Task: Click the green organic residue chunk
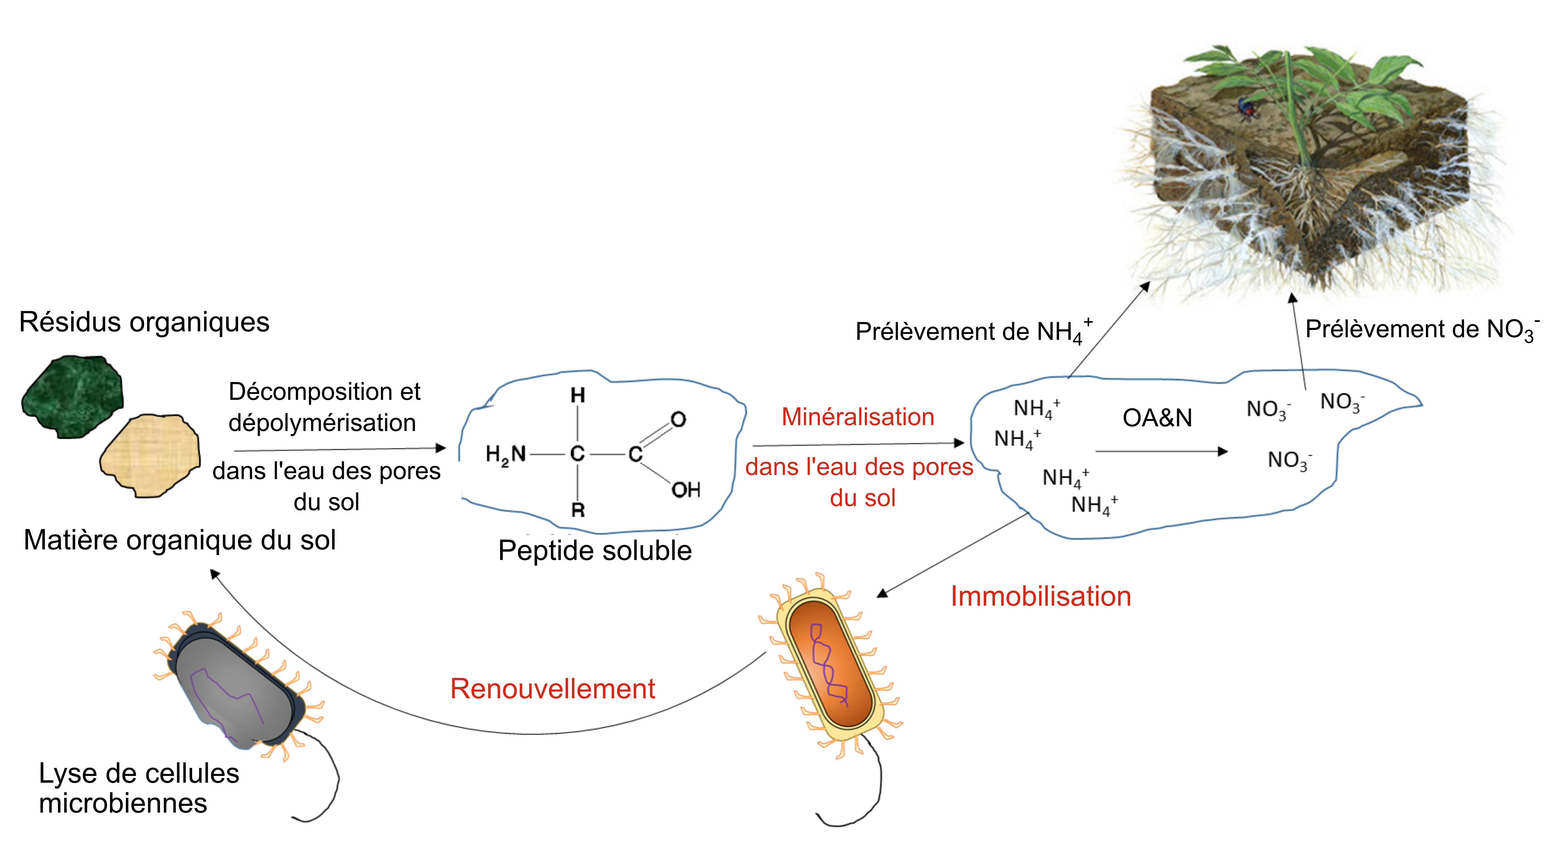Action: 72,396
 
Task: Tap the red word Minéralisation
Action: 858,417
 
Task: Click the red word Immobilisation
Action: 1040,596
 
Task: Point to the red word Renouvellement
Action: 553,689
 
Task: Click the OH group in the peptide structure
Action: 685,489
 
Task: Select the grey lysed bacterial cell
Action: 235,686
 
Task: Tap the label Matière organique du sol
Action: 179,539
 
